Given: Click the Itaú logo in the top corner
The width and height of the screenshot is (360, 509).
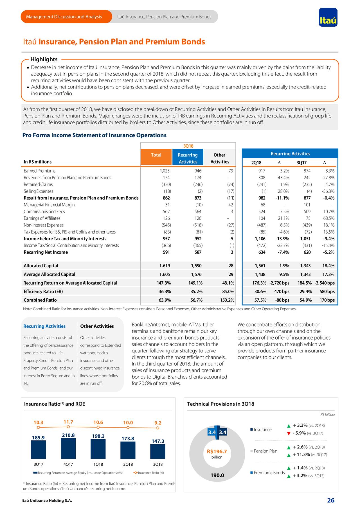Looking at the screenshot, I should (x=328, y=17).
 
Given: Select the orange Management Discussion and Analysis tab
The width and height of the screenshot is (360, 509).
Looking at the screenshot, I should (x=64, y=17).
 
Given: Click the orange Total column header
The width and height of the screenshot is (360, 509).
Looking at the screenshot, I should (x=156, y=155).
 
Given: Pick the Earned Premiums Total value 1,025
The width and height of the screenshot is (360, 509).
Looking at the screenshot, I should (x=165, y=171).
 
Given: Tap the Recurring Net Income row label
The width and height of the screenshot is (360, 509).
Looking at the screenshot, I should (x=46, y=252).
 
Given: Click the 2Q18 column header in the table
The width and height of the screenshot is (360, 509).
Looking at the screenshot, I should (x=256, y=163).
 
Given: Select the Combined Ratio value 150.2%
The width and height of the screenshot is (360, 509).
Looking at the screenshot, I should (x=227, y=300).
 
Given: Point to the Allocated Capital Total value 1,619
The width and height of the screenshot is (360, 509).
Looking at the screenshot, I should (x=165, y=266).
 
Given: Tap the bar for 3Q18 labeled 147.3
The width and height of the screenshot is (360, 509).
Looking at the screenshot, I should (x=158, y=451).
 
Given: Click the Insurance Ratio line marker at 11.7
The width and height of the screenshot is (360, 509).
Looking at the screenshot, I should (x=68, y=427).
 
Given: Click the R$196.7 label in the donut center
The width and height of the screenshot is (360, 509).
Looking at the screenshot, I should (x=217, y=452).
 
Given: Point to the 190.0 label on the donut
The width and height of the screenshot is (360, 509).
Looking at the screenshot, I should (x=217, y=476).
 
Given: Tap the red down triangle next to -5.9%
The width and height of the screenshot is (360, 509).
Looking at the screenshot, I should (x=289, y=433).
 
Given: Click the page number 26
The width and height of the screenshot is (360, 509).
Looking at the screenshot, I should (x=331, y=500).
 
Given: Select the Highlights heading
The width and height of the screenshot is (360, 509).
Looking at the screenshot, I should (x=44, y=59).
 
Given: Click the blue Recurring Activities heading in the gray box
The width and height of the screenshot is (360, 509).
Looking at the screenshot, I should (x=44, y=326).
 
